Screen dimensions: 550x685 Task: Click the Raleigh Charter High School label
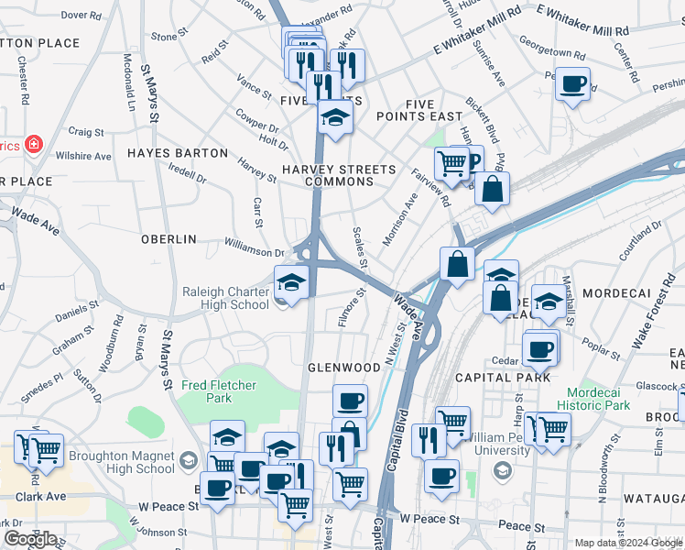pos(225,298)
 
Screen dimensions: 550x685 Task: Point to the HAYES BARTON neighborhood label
pos(178,153)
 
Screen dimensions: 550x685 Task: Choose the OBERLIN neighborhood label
pos(169,238)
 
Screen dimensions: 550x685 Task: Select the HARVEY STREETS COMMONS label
pos(339,175)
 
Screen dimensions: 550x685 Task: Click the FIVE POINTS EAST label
pos(419,109)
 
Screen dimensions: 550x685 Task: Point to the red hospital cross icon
pos(34,144)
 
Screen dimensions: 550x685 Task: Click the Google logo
pos(30,539)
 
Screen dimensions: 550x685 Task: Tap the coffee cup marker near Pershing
pos(573,85)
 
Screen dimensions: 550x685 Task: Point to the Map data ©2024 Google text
pos(629,542)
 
